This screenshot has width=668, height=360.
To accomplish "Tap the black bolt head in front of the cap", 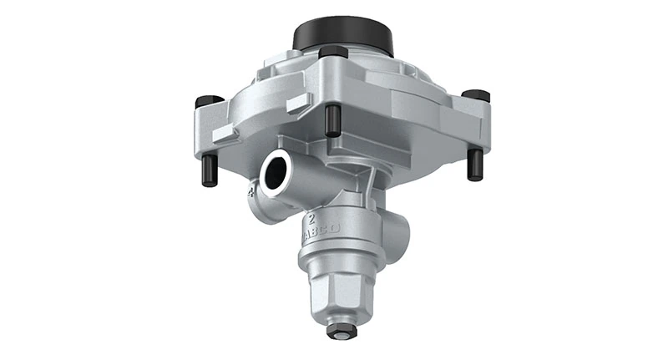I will point(333,53).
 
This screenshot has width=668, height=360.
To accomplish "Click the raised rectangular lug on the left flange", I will point(223,134).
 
